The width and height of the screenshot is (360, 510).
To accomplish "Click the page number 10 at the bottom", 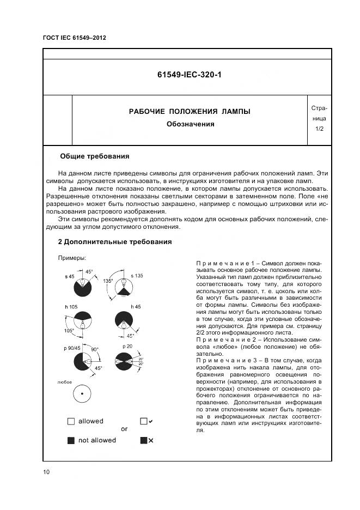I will point(46,472).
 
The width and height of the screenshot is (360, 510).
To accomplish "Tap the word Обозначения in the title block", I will point(190,124).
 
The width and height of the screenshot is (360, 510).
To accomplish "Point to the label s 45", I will point(69,277).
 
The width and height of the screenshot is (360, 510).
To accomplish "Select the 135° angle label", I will point(108,281).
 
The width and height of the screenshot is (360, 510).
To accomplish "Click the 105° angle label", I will point(69,330).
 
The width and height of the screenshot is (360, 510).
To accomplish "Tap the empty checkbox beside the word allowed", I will point(71,421).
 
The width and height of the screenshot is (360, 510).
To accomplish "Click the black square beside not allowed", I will point(71,440).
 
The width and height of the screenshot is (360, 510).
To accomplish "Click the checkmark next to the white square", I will point(151,421).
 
